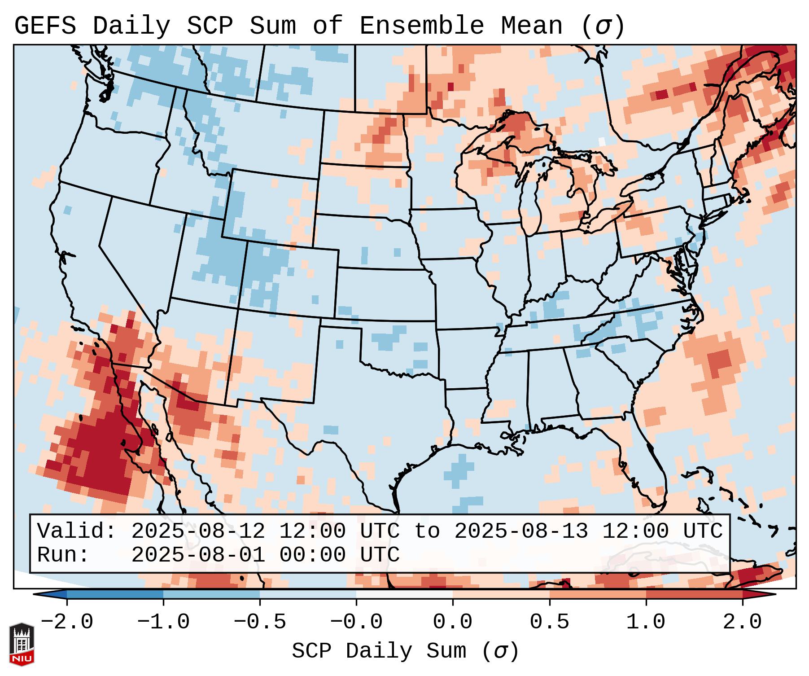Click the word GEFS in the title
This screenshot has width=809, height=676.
[45, 26]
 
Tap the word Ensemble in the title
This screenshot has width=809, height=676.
[422, 26]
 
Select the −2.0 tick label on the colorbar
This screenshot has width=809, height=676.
[67, 622]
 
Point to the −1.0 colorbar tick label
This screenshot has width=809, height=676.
[163, 622]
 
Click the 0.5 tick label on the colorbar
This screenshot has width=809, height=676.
[549, 622]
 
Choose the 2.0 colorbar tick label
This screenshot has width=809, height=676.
[742, 622]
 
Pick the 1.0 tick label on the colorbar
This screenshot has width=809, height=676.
[646, 622]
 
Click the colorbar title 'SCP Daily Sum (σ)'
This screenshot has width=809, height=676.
[405, 651]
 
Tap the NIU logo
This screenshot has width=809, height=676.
[22, 645]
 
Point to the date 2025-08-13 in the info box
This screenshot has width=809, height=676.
[521, 531]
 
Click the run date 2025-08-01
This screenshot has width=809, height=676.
[198, 555]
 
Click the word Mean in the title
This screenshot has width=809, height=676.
[532, 26]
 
